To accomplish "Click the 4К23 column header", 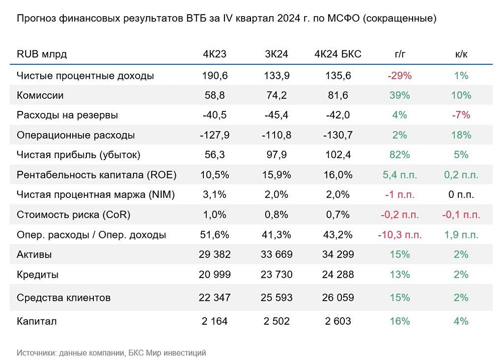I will click(x=215, y=54).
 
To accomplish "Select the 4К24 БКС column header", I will click(x=337, y=54).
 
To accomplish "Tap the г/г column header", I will click(x=400, y=54).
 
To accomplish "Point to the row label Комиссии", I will click(x=40, y=95).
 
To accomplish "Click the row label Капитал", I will click(x=37, y=321).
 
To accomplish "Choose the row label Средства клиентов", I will click(x=64, y=298).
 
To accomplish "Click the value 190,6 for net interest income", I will click(x=215, y=76).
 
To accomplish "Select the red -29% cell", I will click(x=400, y=76).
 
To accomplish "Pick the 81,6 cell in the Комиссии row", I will click(x=337, y=95).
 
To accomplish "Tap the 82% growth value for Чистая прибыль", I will click(x=400, y=155).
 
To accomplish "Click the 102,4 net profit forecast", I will click(x=337, y=155).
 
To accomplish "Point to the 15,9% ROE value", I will click(x=276, y=175).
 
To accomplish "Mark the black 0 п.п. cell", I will click(x=461, y=195).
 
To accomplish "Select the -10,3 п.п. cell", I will click(x=400, y=235).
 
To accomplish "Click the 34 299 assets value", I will click(x=337, y=255).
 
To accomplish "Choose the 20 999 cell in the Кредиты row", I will click(x=215, y=275).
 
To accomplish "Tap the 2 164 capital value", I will click(x=215, y=321).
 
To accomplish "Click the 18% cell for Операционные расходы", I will click(x=461, y=135).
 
